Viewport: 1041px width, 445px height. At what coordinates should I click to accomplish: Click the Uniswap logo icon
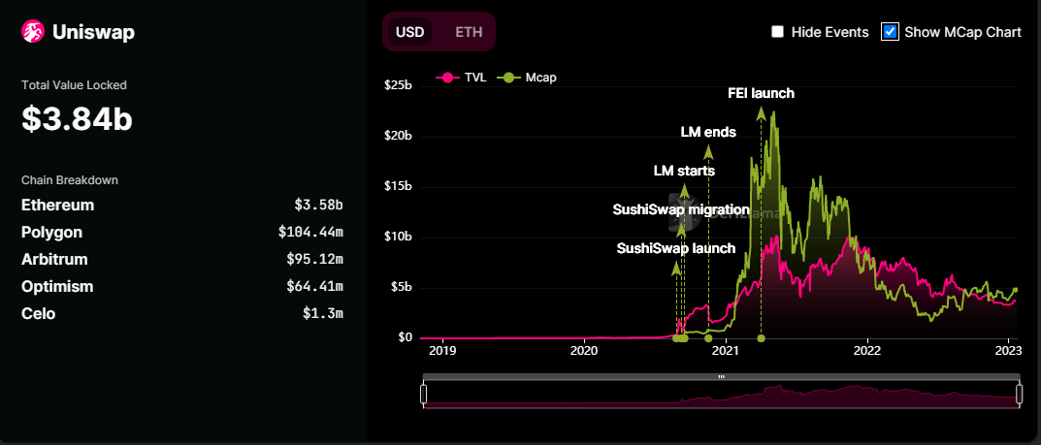click(34, 33)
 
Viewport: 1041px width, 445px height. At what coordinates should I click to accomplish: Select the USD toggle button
click(409, 31)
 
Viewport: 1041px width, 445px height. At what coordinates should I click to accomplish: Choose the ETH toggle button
click(469, 31)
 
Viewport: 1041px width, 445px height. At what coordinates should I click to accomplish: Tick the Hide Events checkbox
click(778, 32)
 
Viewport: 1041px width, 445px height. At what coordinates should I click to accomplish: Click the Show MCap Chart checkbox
click(890, 32)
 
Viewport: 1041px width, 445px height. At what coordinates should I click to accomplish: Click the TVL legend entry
click(465, 77)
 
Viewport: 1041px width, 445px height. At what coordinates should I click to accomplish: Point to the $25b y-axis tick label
click(398, 85)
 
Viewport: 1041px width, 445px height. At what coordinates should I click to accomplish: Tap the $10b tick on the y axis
click(398, 237)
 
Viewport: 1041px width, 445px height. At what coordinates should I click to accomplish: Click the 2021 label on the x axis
click(725, 350)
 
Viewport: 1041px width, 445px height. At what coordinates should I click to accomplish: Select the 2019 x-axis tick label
click(442, 350)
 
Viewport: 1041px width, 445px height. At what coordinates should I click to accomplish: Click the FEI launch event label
click(761, 94)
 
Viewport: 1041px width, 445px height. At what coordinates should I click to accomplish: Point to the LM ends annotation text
click(708, 132)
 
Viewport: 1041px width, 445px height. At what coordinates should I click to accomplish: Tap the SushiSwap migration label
click(681, 209)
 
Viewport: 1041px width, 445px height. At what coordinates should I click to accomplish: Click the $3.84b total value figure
click(77, 119)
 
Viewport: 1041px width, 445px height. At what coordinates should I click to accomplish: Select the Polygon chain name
click(51, 233)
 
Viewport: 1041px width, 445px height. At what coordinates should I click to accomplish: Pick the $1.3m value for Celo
click(323, 314)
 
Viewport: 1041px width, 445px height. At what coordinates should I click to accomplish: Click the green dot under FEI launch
click(761, 338)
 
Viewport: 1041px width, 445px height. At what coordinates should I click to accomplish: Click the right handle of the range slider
click(1019, 393)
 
